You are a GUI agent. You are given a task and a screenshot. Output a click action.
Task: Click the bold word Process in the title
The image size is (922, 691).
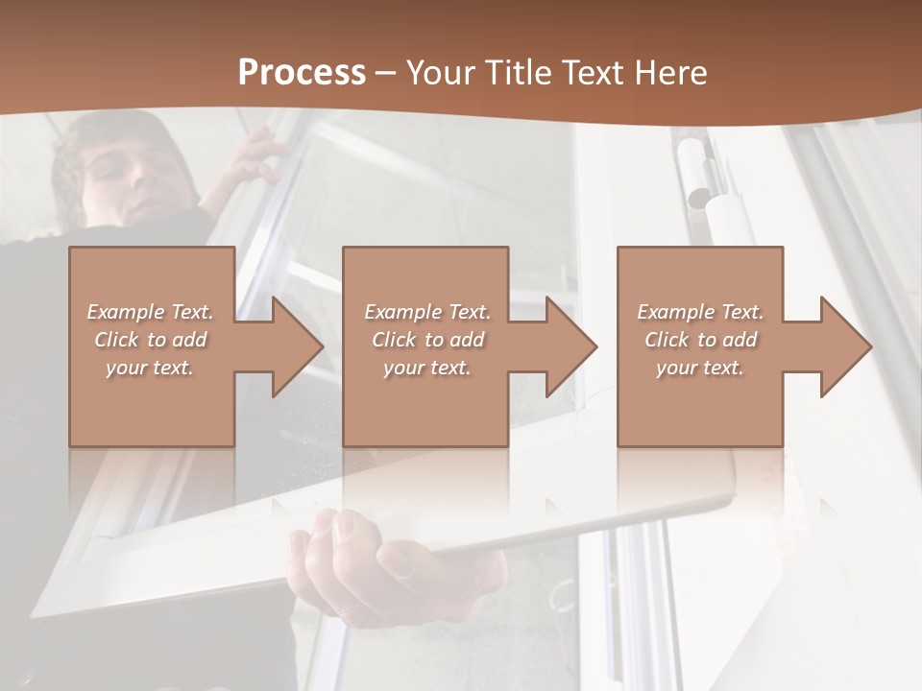pyautogui.click(x=302, y=73)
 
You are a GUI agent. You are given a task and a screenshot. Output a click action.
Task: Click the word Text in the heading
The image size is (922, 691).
pyautogui.click(x=596, y=73)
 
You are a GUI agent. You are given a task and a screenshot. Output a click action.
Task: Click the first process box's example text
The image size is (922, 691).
pyautogui.click(x=150, y=340)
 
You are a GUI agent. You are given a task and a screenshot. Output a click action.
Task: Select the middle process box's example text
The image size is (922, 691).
pyautogui.click(x=427, y=340)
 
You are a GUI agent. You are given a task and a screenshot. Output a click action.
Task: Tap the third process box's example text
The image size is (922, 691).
pyautogui.click(x=700, y=340)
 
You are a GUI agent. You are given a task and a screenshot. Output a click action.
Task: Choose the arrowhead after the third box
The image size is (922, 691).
pyautogui.click(x=844, y=346)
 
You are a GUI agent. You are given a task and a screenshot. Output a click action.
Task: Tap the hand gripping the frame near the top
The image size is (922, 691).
pyautogui.click(x=252, y=158)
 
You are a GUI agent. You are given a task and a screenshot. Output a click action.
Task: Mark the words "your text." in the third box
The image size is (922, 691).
pyautogui.click(x=700, y=368)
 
